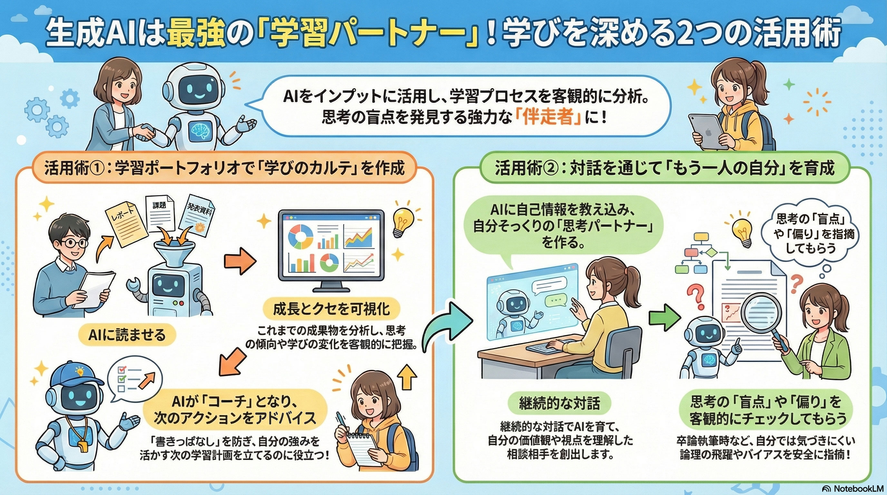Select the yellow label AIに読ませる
[126, 335]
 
